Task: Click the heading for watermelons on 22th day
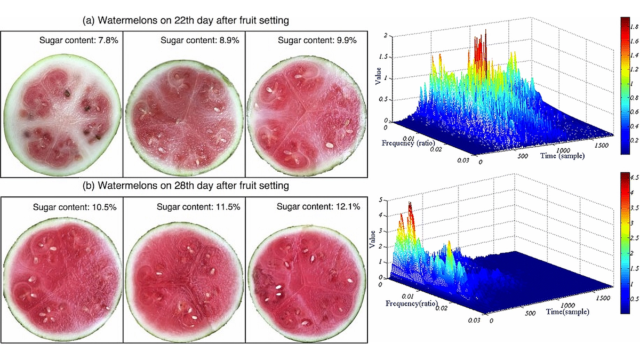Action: (186, 21)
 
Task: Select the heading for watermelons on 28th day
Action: (186, 186)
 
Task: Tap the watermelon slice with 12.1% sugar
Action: (307, 283)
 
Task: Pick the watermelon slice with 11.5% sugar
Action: (184, 283)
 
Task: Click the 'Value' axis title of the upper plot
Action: (378, 76)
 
